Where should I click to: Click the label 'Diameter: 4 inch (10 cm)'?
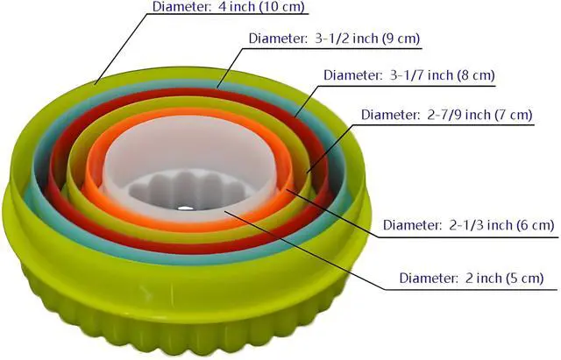pyautogui.click(x=228, y=7)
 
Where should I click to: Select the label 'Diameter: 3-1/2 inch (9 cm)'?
pyautogui.click(x=334, y=39)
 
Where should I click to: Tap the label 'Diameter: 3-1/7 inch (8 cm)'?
pyautogui.click(x=409, y=75)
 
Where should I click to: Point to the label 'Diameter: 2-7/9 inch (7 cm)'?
pyautogui.click(x=447, y=115)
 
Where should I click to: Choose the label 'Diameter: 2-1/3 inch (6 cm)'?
pyautogui.click(x=469, y=225)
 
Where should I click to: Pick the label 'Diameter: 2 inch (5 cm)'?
pyautogui.click(x=472, y=278)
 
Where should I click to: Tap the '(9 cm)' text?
pyautogui.click(x=401, y=39)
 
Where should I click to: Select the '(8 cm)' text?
pyautogui.click(x=476, y=75)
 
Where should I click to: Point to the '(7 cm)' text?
pyautogui.click(x=514, y=115)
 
